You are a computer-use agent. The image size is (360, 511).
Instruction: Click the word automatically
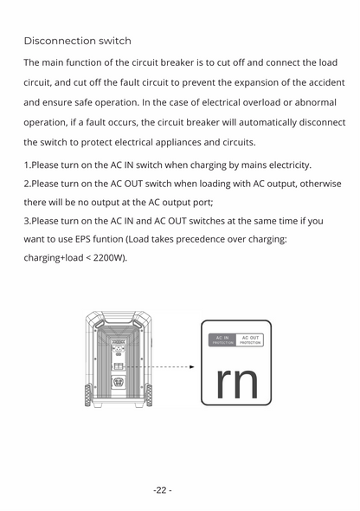[251, 122]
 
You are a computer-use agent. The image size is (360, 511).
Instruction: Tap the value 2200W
[106, 258]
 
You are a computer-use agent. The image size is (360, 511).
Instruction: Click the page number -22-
[163, 490]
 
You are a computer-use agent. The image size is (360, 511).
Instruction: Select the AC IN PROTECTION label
[222, 339]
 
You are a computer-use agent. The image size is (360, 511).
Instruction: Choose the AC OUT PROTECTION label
[250, 339]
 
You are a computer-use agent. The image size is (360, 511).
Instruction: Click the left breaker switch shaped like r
[222, 381]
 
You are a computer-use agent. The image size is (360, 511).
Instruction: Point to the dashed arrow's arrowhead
[192, 366]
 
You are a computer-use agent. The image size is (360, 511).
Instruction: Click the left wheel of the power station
[88, 396]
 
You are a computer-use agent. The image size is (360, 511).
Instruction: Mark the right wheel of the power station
[149, 396]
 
